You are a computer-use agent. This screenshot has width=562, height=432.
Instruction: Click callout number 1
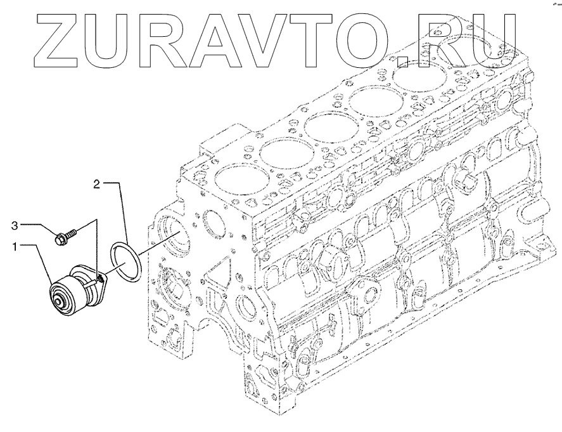pyautogui.click(x=15, y=247)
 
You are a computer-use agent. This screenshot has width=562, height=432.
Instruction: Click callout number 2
pyautogui.click(x=97, y=184)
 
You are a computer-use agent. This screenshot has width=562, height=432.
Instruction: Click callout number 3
pyautogui.click(x=15, y=226)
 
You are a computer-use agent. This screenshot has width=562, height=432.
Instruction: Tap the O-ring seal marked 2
pyautogui.click(x=125, y=261)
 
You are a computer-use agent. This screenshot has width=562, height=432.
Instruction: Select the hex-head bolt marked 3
pyautogui.click(x=67, y=237)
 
